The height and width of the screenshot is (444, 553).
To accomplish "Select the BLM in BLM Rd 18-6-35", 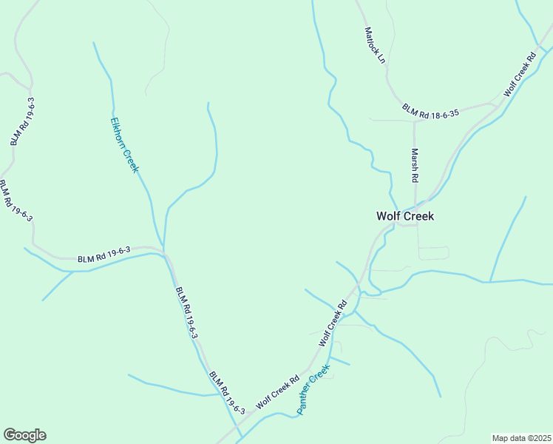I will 410,108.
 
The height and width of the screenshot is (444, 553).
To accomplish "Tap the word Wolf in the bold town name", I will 389,216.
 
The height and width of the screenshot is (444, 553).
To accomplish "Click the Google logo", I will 24,435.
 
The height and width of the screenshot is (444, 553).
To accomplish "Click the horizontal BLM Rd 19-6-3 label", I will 104,255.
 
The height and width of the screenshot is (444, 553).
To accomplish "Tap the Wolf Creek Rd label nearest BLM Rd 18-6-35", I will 520,75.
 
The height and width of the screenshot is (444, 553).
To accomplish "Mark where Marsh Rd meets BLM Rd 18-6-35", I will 414,118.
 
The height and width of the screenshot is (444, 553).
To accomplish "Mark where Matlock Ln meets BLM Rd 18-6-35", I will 398,101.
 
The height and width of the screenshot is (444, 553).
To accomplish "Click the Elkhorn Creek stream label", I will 124,144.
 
